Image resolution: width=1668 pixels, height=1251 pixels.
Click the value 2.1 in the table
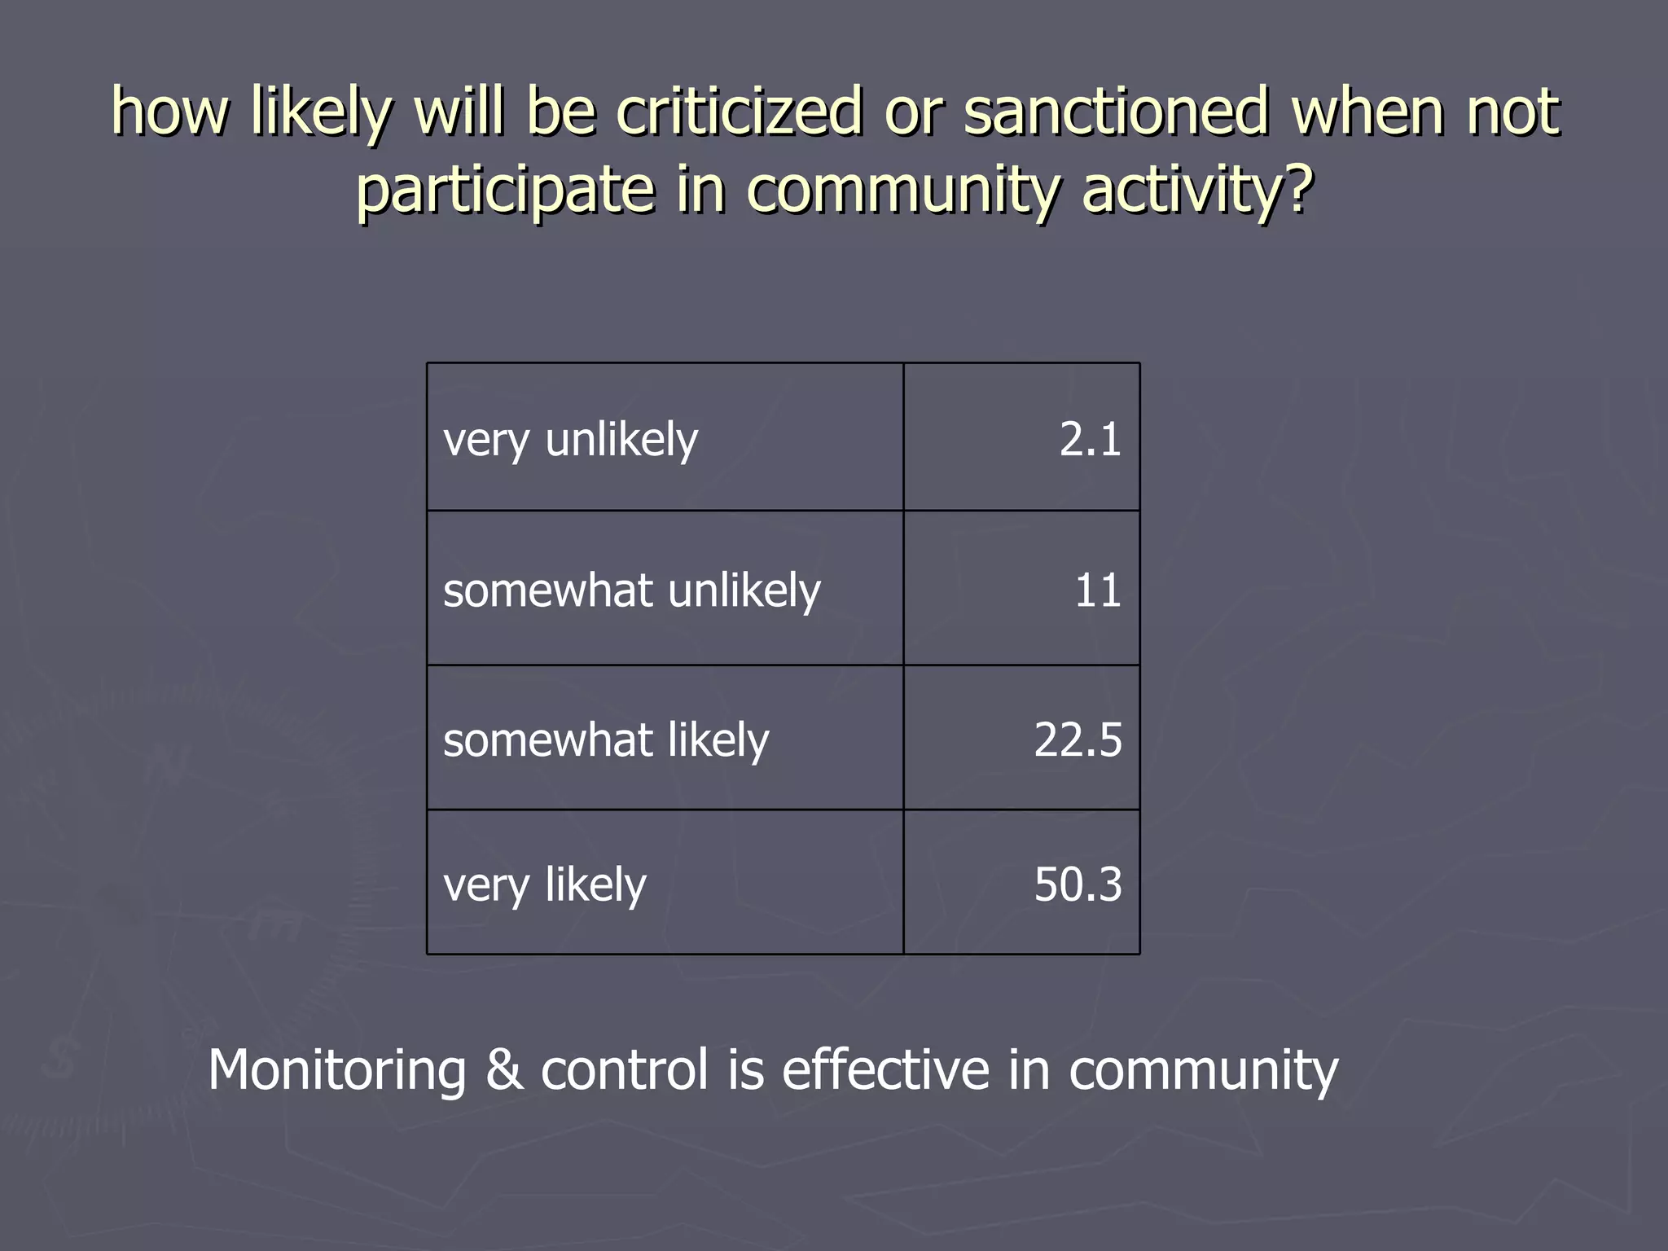(x=1090, y=440)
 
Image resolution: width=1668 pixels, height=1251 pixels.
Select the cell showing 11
(x=1097, y=590)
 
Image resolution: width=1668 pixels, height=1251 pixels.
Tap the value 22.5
(x=1078, y=740)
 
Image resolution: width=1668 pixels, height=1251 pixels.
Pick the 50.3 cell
(x=1078, y=884)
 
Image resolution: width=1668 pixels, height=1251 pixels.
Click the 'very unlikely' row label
(x=570, y=441)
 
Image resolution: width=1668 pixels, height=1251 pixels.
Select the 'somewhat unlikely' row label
(x=631, y=590)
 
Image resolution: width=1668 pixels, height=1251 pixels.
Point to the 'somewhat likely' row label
(x=606, y=740)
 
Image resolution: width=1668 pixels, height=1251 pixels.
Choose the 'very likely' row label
(x=544, y=885)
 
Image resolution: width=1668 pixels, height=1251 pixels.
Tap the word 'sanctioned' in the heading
(x=1116, y=111)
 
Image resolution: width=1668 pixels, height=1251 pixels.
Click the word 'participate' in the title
(x=505, y=189)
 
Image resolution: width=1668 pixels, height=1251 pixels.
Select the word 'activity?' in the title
(x=1197, y=189)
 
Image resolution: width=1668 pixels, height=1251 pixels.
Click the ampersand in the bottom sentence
(x=504, y=1069)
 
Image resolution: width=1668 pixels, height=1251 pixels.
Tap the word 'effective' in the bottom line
(x=885, y=1069)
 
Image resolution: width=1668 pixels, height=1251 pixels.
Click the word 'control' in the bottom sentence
(x=625, y=1069)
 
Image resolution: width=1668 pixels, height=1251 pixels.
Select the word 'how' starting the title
(x=170, y=111)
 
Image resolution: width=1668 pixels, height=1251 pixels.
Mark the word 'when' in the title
(x=1367, y=111)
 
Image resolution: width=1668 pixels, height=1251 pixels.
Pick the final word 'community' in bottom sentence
(x=1203, y=1069)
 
